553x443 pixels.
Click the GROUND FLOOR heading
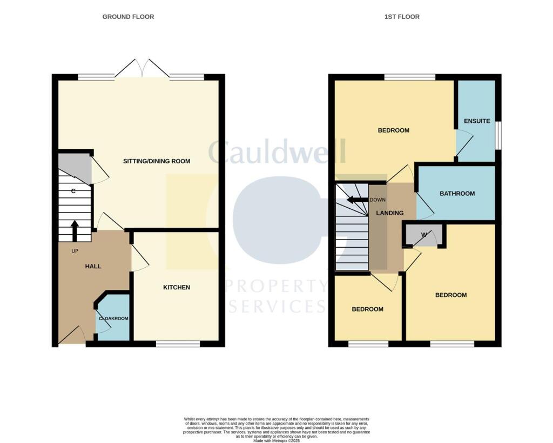click(128, 17)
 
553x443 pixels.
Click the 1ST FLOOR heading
click(402, 17)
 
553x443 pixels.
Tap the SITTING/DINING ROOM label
click(157, 161)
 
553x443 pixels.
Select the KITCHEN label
click(177, 287)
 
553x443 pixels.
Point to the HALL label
click(93, 266)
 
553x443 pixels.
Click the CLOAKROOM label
click(113, 319)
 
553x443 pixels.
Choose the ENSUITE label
click(477, 121)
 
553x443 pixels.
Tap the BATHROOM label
click(457, 194)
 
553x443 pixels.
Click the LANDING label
click(389, 213)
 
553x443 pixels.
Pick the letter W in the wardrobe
click(424, 235)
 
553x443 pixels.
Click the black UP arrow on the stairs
click(75, 230)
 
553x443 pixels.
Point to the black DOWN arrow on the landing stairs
click(357, 200)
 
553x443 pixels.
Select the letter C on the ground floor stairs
click(73, 191)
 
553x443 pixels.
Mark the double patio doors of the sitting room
click(143, 69)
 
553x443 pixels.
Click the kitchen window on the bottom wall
click(178, 343)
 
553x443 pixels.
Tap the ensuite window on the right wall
click(498, 134)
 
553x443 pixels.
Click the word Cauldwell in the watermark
click(276, 152)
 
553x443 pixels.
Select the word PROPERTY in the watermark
click(276, 286)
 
